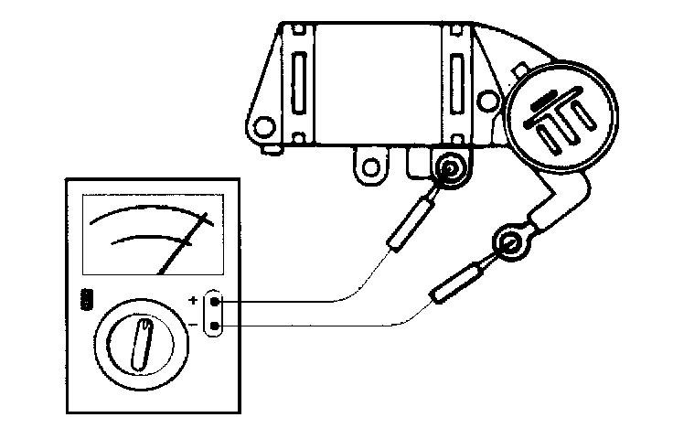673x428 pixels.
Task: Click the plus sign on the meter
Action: [x=193, y=300]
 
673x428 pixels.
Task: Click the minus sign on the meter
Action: [x=193, y=325]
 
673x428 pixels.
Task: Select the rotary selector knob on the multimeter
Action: [x=142, y=341]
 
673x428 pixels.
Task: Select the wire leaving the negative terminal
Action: [x=302, y=325]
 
